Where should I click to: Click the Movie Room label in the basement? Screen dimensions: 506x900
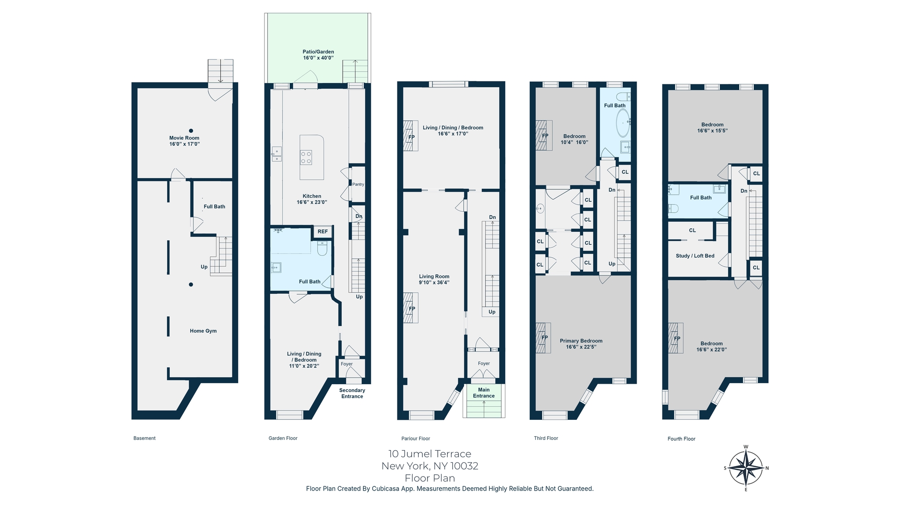pos(184,141)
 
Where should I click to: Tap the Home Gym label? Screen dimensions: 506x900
pos(203,331)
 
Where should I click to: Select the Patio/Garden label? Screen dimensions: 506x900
pos(318,55)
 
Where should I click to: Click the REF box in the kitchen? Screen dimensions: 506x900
pos(322,231)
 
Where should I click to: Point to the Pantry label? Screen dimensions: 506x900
pos(358,184)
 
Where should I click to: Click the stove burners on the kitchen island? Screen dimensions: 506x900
pos(306,157)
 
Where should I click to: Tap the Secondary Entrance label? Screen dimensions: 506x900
pos(352,393)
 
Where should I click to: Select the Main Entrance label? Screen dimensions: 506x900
pos(484,393)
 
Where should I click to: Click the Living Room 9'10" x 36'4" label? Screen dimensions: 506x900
pos(434,279)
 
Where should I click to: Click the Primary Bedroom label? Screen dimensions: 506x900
pos(581,344)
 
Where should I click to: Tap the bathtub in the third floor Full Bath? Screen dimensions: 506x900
pos(622,123)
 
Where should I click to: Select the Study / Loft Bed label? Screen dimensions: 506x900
pos(695,256)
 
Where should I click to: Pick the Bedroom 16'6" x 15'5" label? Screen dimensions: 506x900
pos(712,127)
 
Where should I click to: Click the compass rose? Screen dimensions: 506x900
pos(745,468)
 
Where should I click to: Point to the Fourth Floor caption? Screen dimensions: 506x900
pos(681,439)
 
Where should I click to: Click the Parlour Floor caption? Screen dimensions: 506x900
pos(415,439)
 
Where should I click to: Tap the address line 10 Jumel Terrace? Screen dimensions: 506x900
pos(429,454)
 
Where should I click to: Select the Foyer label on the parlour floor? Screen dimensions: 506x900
pos(484,364)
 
